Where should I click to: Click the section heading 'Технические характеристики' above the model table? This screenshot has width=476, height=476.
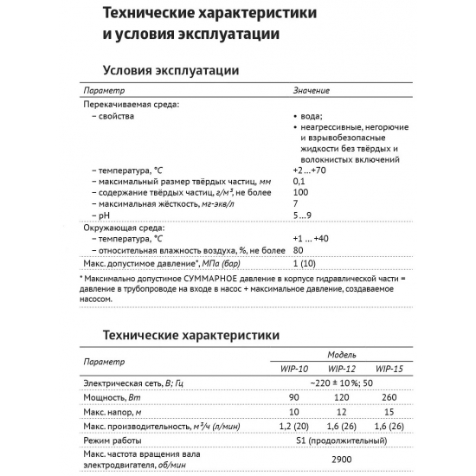190,334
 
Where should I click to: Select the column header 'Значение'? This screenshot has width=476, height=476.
311,91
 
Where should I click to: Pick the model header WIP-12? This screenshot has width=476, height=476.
344,368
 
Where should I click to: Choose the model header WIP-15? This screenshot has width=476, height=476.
389,368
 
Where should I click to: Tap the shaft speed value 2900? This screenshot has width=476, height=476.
343,460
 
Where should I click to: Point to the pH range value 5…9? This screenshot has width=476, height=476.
304,215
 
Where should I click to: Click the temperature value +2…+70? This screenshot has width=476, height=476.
310,170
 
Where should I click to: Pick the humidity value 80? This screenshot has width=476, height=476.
299,249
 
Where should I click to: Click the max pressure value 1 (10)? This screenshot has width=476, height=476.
306,262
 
